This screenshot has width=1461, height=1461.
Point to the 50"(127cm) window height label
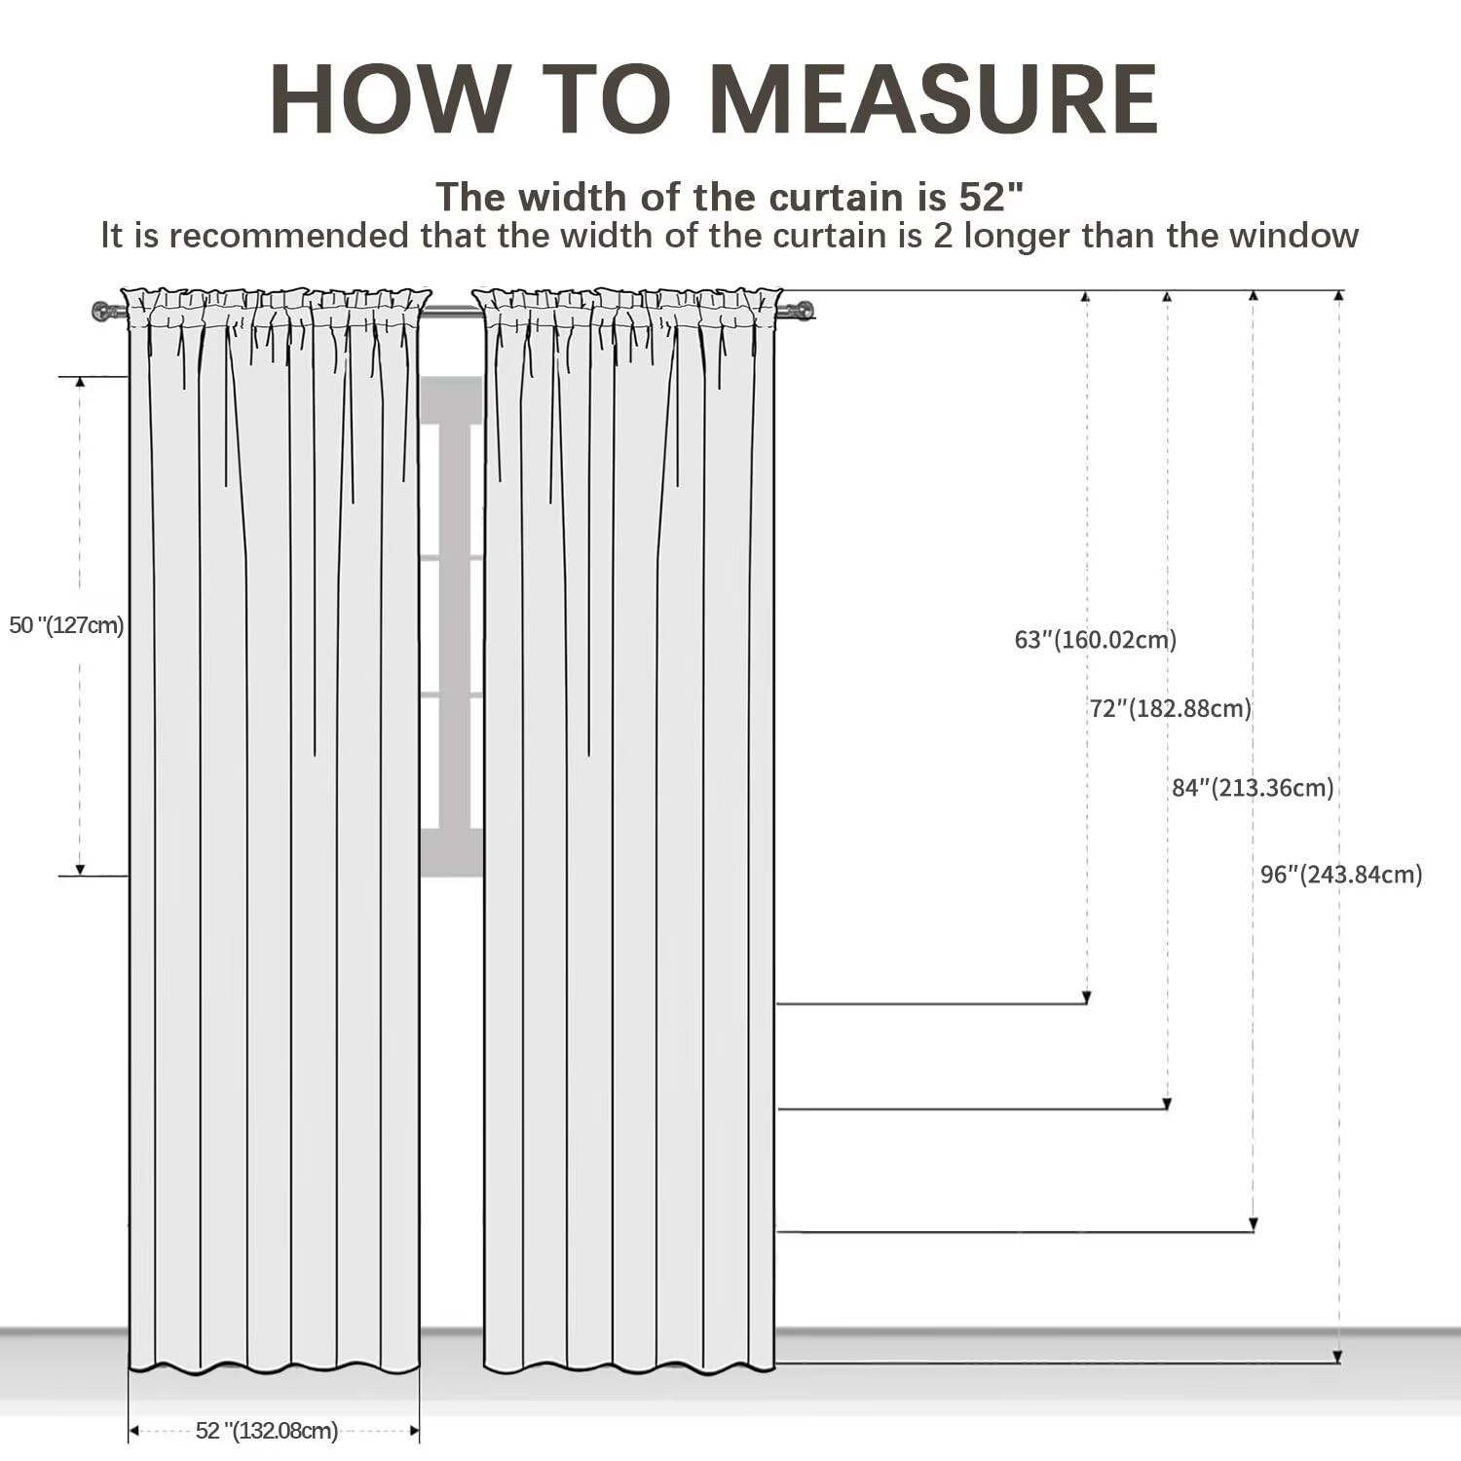pos(66,625)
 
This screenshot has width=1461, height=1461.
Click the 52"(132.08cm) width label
pos(267,1431)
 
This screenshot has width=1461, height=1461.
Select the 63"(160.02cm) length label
pos(1096,640)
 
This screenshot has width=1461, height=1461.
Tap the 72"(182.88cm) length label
pos(1170,708)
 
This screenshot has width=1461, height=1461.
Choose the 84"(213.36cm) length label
pos(1253,787)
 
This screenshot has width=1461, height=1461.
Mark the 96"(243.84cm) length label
pos(1341,874)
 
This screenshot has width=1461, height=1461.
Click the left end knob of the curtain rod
pos(101,312)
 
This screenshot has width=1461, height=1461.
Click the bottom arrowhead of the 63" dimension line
pos(1087,997)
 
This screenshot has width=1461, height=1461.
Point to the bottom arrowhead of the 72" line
pos(1168,1104)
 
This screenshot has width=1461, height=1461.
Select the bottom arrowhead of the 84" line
pos(1254,1224)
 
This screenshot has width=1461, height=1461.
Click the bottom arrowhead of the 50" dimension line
pos(80,870)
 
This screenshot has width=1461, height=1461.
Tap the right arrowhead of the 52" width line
pos(414,1431)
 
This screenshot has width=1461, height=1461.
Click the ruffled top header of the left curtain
pos(275,308)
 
